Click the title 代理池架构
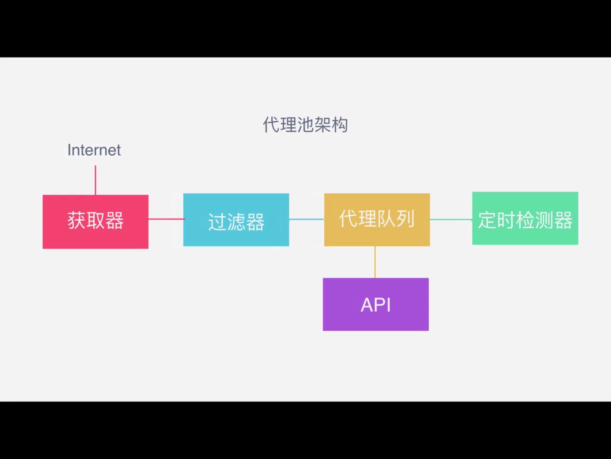[305, 125]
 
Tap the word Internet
[94, 150]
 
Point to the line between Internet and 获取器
[95, 180]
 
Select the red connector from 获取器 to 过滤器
[166, 219]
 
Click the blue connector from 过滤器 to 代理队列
[306, 219]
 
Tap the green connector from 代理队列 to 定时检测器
[451, 220]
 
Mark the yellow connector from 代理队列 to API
[375, 262]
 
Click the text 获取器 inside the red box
[95, 221]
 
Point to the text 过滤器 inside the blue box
[236, 222]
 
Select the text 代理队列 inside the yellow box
[377, 219]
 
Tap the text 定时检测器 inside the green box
[525, 220]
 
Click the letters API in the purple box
[376, 305]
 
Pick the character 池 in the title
[305, 125]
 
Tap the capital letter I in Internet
[69, 150]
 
